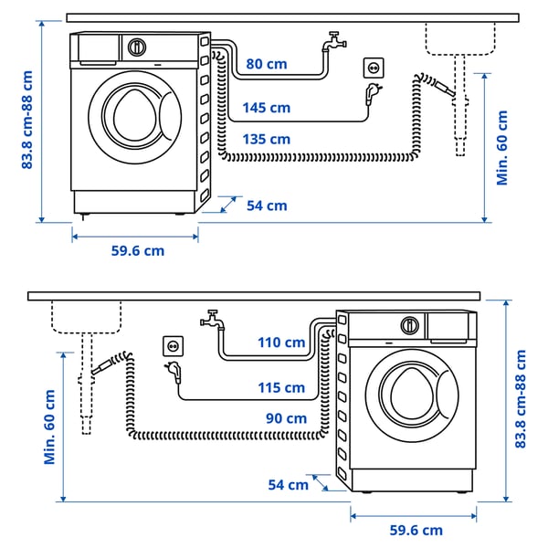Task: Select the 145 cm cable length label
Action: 267,108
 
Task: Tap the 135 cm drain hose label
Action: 267,139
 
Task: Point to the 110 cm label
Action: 281,342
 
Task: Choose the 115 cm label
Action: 281,387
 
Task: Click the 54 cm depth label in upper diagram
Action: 267,205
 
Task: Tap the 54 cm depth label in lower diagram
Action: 289,484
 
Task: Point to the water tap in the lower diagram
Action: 212,320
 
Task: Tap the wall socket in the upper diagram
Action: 374,68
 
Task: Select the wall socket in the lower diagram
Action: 173,345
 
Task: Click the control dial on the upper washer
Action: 138,46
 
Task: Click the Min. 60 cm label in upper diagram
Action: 502,148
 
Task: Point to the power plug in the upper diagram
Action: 374,93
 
